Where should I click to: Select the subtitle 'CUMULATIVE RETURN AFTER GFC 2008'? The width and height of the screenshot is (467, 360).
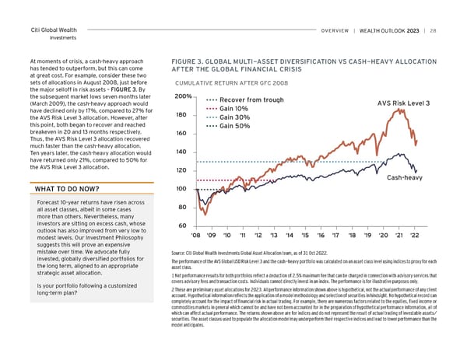pyautogui.click(x=230, y=82)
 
